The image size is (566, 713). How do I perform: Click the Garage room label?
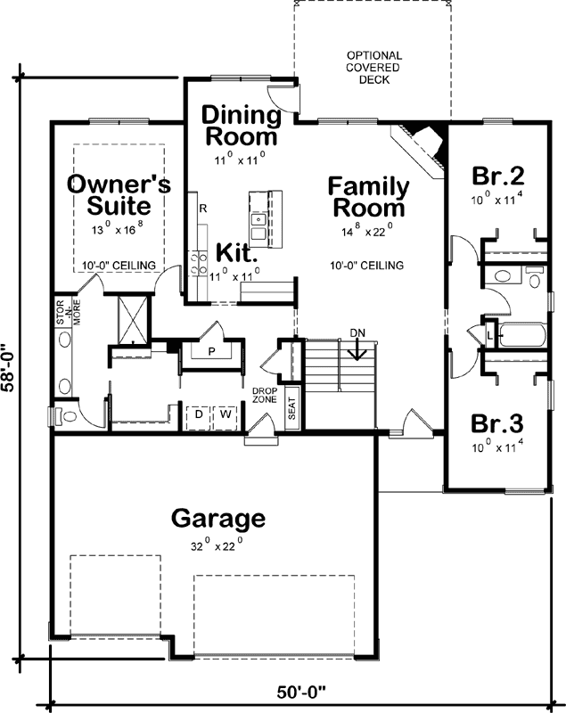click(218, 518)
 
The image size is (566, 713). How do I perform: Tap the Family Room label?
click(368, 197)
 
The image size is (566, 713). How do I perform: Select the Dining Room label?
click(238, 126)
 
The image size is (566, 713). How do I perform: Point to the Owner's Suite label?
click(119, 194)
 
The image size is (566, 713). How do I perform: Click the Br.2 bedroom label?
click(497, 176)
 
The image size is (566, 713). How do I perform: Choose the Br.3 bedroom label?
click(497, 422)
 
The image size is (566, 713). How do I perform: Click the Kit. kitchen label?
click(226, 253)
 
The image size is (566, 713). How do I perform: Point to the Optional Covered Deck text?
click(374, 68)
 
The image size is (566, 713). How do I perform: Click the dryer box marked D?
click(198, 414)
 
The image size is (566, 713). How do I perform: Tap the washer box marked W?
click(226, 414)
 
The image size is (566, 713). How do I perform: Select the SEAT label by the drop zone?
click(291, 407)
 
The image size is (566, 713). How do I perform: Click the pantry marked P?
click(212, 351)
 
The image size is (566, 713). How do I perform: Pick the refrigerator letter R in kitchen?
click(203, 209)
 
